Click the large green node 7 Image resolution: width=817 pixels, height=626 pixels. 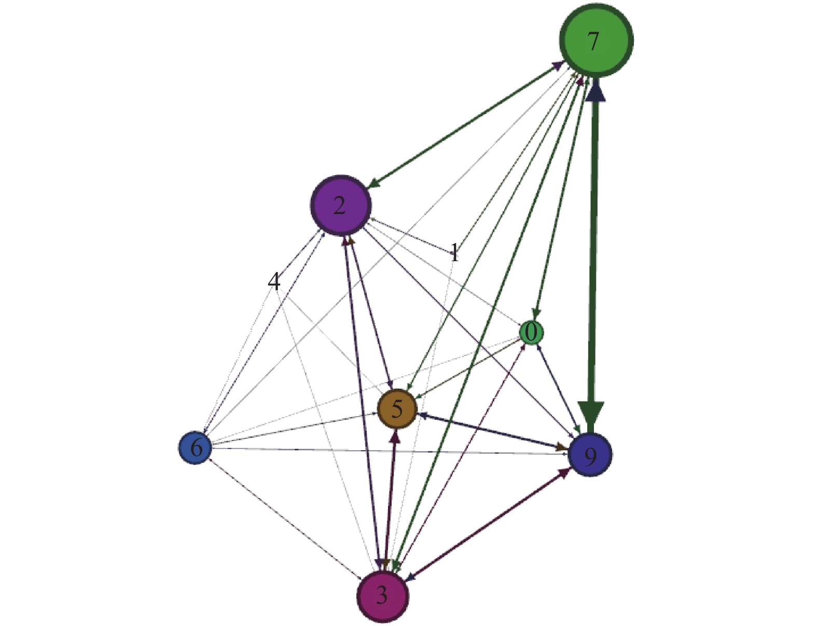[596, 40]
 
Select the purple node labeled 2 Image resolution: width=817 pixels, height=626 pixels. [341, 205]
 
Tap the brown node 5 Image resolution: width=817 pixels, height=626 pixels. [397, 409]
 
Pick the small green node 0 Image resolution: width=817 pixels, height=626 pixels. [531, 332]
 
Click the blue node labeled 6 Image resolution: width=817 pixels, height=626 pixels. [195, 447]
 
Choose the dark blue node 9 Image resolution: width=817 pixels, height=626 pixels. [590, 455]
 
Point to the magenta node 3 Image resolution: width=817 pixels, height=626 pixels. [383, 595]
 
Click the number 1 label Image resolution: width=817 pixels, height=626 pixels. [455, 253]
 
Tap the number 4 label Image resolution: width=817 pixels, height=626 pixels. [273, 281]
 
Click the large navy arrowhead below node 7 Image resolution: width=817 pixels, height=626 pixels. [596, 91]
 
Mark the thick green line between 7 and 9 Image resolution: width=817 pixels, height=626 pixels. [593, 249]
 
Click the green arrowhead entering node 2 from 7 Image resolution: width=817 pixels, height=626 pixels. [374, 183]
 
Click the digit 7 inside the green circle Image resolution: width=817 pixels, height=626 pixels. [593, 41]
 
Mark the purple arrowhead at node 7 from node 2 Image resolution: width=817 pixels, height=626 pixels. [558, 65]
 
